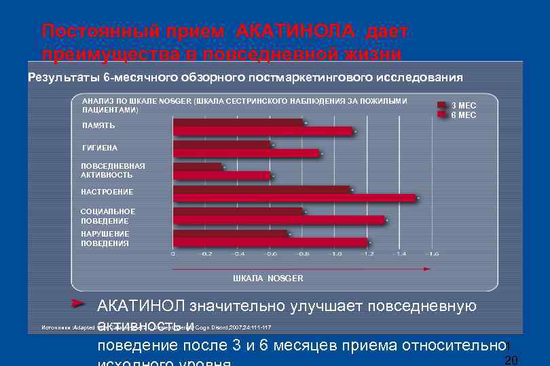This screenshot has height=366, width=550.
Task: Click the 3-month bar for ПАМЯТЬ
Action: coord(238,123)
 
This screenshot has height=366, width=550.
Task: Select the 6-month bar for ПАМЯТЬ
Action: coord(263,131)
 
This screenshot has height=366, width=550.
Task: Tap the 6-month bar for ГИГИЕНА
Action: coord(246,154)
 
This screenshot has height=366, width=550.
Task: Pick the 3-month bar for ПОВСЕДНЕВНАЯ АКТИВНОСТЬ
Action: coord(198,167)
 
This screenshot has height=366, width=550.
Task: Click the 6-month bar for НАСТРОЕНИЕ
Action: coord(295,198)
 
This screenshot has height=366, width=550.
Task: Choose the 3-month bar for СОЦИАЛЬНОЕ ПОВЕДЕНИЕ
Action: coord(238,211)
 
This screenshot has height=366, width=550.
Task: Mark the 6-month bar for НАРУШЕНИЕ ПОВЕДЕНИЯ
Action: coord(270,242)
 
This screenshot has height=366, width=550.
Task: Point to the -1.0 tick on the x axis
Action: coord(335,253)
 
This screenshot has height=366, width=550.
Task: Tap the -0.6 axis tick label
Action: coord(270,253)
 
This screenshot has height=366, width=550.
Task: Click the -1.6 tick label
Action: coord(432,253)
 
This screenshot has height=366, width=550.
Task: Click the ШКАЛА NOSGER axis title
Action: coord(268,279)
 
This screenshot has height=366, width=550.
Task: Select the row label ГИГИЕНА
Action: coord(100,148)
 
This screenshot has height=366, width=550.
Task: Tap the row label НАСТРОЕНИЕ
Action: coord(107,192)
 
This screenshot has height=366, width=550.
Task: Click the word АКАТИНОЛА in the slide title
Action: coord(296,32)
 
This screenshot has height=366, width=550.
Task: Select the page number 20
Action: coord(513,359)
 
